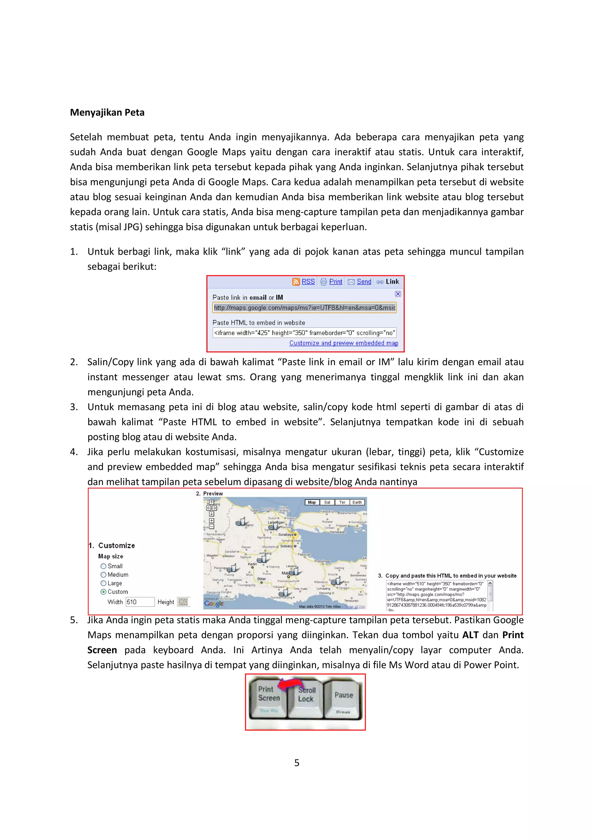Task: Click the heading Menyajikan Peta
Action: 107,113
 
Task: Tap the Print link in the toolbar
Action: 335,282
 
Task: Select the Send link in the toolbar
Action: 364,282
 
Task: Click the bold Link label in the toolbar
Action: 392,282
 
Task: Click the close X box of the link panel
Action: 398,294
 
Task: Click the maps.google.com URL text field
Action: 304,308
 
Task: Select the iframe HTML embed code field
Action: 304,333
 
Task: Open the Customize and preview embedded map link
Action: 343,343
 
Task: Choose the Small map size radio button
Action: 103,566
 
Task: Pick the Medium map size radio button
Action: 103,575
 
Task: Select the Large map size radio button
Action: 103,583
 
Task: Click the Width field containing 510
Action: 140,602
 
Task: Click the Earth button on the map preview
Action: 357,503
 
